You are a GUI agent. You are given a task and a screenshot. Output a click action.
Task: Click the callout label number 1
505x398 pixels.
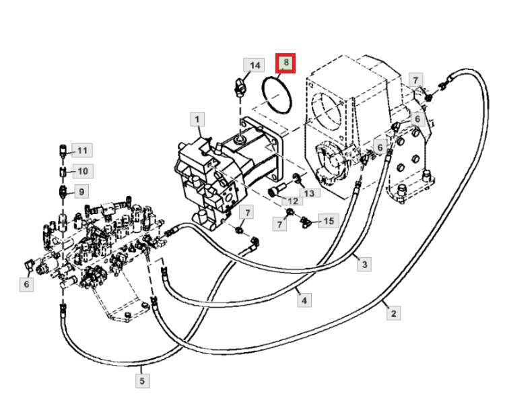[x=197, y=119]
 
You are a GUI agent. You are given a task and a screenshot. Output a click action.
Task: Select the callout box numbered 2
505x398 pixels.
[x=393, y=313]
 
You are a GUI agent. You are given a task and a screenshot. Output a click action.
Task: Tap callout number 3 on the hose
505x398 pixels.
[x=364, y=265]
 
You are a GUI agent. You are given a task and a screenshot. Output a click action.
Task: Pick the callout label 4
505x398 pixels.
[x=304, y=300]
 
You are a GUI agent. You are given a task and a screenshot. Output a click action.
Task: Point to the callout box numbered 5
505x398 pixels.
[x=142, y=381]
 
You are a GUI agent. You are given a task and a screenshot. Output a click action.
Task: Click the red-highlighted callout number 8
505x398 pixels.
[x=285, y=63]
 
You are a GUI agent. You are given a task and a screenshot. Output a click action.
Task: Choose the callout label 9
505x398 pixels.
[x=81, y=192]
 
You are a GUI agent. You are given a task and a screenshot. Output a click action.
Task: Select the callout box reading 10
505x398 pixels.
[x=83, y=171]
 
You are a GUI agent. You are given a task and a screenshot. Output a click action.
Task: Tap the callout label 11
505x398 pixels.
[x=82, y=150]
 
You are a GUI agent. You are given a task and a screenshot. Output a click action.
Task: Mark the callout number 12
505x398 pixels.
[x=292, y=201]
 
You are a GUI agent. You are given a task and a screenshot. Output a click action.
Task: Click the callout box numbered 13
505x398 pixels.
[x=309, y=193]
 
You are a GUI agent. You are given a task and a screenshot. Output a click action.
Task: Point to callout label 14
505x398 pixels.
[x=254, y=65]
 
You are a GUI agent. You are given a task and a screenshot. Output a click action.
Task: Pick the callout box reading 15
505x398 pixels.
[x=328, y=221]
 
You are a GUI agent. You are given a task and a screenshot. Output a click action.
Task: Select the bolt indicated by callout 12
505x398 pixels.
[x=277, y=189]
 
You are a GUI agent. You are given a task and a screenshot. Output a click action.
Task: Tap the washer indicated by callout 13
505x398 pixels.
[x=296, y=177]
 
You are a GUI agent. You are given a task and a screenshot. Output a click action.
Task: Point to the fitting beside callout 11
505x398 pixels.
[x=63, y=151]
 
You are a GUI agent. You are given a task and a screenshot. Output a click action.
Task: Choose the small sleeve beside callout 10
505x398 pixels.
[x=63, y=171]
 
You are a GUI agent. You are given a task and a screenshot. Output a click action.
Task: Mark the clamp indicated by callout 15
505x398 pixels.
[x=304, y=222]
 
